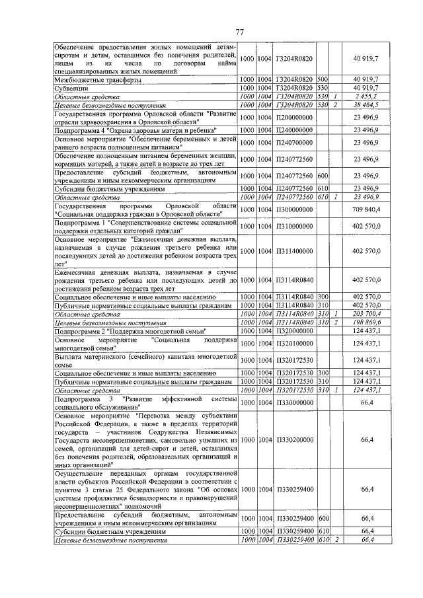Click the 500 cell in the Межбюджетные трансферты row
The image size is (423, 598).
pyautogui.click(x=323, y=79)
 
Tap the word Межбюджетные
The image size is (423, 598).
pyautogui.click(x=79, y=79)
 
